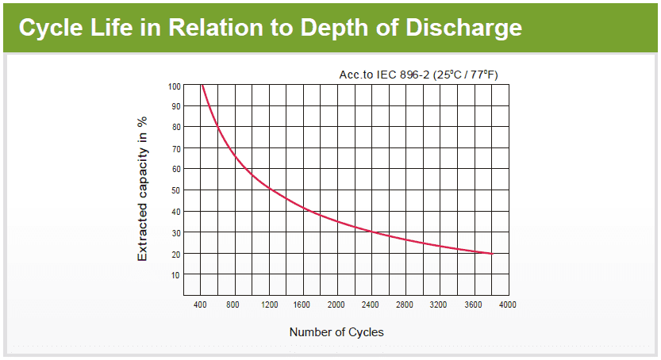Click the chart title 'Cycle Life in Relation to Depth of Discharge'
pyautogui.click(x=270, y=28)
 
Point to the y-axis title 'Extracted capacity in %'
pyautogui.click(x=143, y=190)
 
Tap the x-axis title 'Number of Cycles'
pyautogui.click(x=336, y=332)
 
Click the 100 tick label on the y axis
pyautogui.click(x=175, y=86)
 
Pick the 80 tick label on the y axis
pyautogui.click(x=176, y=127)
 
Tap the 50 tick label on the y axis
pyautogui.click(x=176, y=190)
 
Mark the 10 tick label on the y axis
pyautogui.click(x=176, y=274)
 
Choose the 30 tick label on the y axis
pyautogui.click(x=176, y=232)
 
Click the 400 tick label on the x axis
pyautogui.click(x=200, y=305)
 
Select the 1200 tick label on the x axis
pyautogui.click(x=269, y=305)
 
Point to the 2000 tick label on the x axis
pyautogui.click(x=337, y=305)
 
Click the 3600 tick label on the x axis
pyautogui.click(x=474, y=305)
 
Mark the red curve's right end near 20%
pyautogui.click(x=491, y=254)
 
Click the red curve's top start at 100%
pyautogui.click(x=202, y=85)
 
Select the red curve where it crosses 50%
pyautogui.click(x=270, y=190)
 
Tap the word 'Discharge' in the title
pyautogui.click(x=463, y=28)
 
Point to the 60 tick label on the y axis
pyautogui.click(x=176, y=169)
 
